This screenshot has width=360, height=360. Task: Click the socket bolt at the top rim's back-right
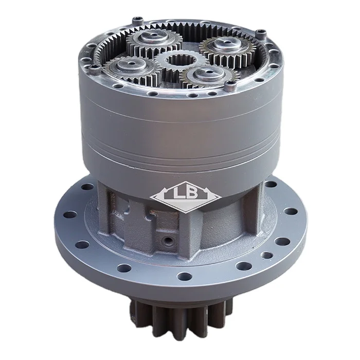coord(262,33)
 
